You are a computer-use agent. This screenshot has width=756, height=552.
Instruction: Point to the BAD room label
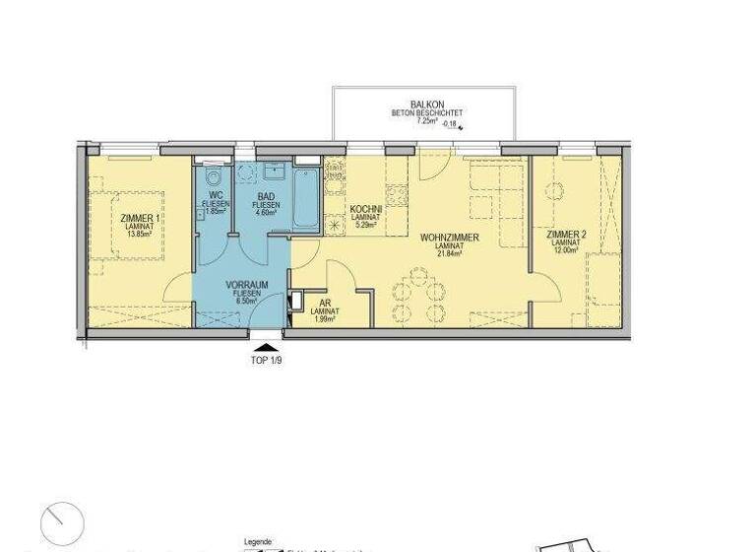pos(266,196)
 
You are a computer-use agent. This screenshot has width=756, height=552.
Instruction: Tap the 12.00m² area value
pos(564,249)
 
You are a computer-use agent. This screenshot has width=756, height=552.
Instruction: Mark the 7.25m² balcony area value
pos(418,124)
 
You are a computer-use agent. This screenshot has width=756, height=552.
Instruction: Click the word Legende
pos(257,542)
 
